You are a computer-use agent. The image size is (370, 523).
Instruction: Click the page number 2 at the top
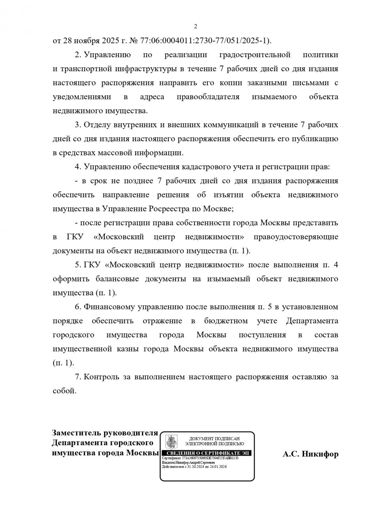tap(196, 26)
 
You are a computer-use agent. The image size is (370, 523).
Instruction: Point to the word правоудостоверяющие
tap(296, 237)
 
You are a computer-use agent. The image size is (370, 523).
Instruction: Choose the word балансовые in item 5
tap(120, 279)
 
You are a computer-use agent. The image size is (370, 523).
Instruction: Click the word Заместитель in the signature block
tap(76, 433)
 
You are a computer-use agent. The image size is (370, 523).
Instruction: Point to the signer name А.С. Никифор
tap(310, 454)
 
